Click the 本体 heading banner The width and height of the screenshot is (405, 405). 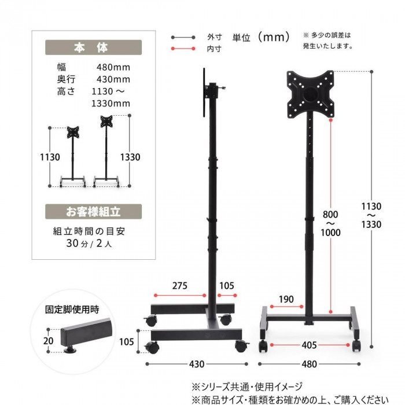pyautogui.click(x=93, y=47)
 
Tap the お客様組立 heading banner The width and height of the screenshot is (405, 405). pyautogui.click(x=93, y=212)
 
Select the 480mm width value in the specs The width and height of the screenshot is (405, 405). pyautogui.click(x=113, y=68)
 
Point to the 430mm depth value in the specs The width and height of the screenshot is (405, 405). pyautogui.click(x=113, y=79)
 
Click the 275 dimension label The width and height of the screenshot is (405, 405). pyautogui.click(x=180, y=286)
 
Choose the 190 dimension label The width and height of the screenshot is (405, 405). pyautogui.click(x=286, y=299)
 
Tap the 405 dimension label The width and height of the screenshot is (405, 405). pyautogui.click(x=309, y=345)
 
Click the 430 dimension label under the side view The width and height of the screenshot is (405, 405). pyautogui.click(x=197, y=364)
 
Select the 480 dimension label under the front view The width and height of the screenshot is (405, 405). pyautogui.click(x=309, y=364)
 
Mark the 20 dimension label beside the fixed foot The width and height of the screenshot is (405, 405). pyautogui.click(x=48, y=341)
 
